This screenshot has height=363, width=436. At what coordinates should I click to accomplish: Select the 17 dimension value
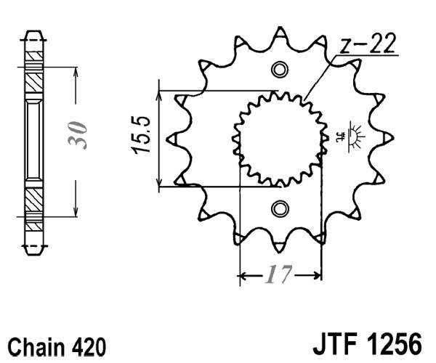tap(279, 276)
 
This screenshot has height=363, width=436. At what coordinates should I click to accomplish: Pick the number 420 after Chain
tap(87, 344)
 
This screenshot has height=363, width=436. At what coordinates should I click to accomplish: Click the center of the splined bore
tap(279, 139)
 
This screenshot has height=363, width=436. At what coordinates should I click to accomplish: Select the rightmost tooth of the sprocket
tap(386, 138)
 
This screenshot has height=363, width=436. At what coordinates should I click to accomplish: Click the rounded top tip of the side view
tap(34, 34)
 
